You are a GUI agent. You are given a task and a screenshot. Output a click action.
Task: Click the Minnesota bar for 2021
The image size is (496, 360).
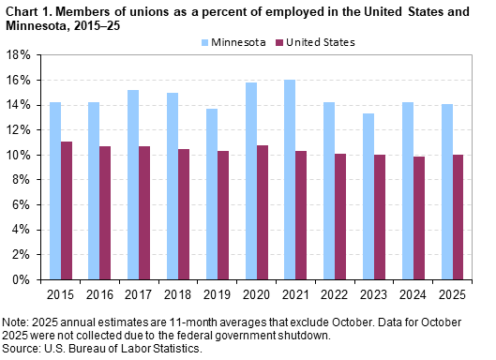coord(289,179)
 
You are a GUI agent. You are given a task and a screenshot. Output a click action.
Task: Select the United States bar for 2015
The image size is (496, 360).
coord(67,210)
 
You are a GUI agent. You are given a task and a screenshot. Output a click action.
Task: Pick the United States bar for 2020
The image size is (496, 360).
coord(262,212)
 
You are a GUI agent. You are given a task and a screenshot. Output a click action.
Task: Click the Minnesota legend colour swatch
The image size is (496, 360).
coord(206,42)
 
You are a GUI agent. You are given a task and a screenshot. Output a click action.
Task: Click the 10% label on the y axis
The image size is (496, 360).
coord(21,155)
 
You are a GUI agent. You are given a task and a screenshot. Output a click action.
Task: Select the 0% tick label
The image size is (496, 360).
coord(23,279)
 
